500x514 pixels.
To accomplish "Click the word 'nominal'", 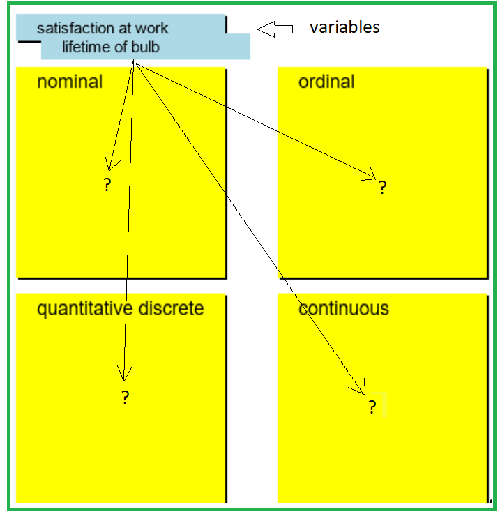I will coord(70,82).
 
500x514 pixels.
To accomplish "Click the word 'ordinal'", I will coord(326,82).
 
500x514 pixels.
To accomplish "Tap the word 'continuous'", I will coord(344,308).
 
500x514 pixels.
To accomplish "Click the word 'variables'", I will coord(344,27).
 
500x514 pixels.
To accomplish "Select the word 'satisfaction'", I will coord(76,29).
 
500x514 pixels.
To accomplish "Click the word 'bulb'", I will coord(144,47).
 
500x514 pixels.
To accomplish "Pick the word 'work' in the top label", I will coord(152,29).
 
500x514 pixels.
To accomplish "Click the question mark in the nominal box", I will coord(107,186).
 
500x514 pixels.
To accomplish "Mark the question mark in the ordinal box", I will coord(382,187).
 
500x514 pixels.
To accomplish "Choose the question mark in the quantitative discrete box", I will coord(126,398).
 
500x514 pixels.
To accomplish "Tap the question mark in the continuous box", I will coord(372,407).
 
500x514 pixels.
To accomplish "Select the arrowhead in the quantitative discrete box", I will coord(123,375).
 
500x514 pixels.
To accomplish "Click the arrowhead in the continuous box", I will coord(361,388).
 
